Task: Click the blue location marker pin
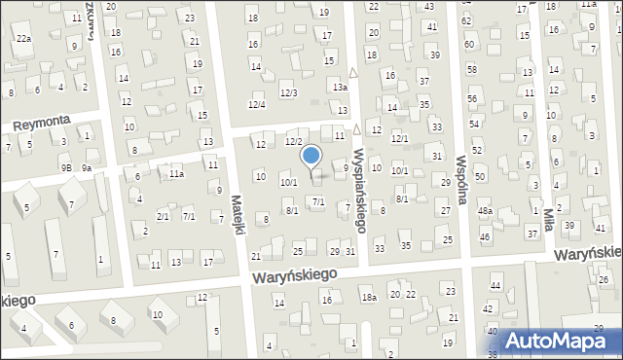(311, 156)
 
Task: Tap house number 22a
(23, 38)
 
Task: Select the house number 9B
(66, 168)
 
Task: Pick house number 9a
(87, 168)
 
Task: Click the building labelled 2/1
(163, 217)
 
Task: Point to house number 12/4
(257, 104)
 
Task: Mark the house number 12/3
(289, 92)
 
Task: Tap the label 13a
(339, 88)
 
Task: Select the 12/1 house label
(399, 139)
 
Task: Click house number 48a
(485, 211)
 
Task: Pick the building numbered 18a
(369, 298)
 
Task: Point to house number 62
(467, 20)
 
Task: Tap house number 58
(472, 71)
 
